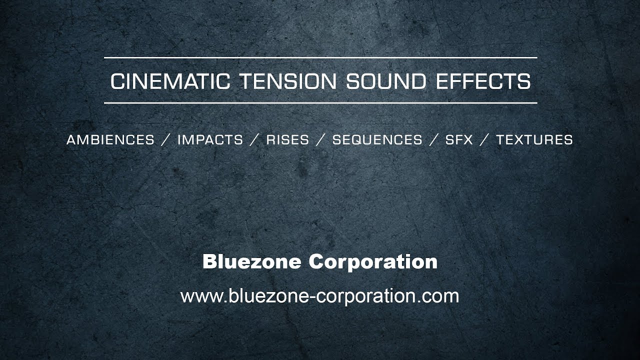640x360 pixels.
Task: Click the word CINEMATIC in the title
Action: pyautogui.click(x=170, y=81)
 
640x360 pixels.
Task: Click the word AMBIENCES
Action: pyautogui.click(x=110, y=140)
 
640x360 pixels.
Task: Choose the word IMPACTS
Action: pyautogui.click(x=210, y=140)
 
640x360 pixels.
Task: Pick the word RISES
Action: pyautogui.click(x=287, y=140)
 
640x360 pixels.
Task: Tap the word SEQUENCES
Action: pyautogui.click(x=377, y=140)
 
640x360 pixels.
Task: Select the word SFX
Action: pyautogui.click(x=459, y=140)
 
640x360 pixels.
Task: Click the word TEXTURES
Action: pyautogui.click(x=534, y=140)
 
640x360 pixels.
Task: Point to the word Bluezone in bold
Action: pyautogui.click(x=251, y=261)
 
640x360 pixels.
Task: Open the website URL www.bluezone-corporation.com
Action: pyautogui.click(x=319, y=296)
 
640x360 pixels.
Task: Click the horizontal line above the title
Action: pyautogui.click(x=320, y=58)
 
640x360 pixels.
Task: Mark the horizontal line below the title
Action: pyautogui.click(x=320, y=103)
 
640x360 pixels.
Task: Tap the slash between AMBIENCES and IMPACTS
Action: pyautogui.click(x=166, y=140)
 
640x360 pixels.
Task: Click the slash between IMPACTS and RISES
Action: pyautogui.click(x=254, y=140)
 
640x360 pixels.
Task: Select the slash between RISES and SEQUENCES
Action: pyautogui.click(x=320, y=140)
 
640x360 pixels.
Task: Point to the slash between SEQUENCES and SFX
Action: pyautogui.click(x=433, y=140)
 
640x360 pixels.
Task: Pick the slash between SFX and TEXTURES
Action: pyautogui.click(x=484, y=140)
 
